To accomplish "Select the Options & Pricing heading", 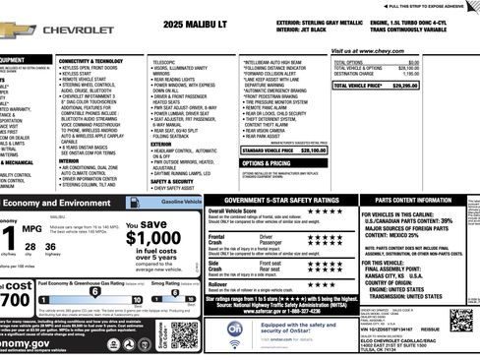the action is pos(239,163).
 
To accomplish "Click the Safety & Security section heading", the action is pos(172,181).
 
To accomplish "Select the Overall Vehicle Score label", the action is pos(232,210).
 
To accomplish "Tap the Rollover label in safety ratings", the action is pos(218,283).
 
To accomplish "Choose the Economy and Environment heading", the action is pos(59,202).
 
